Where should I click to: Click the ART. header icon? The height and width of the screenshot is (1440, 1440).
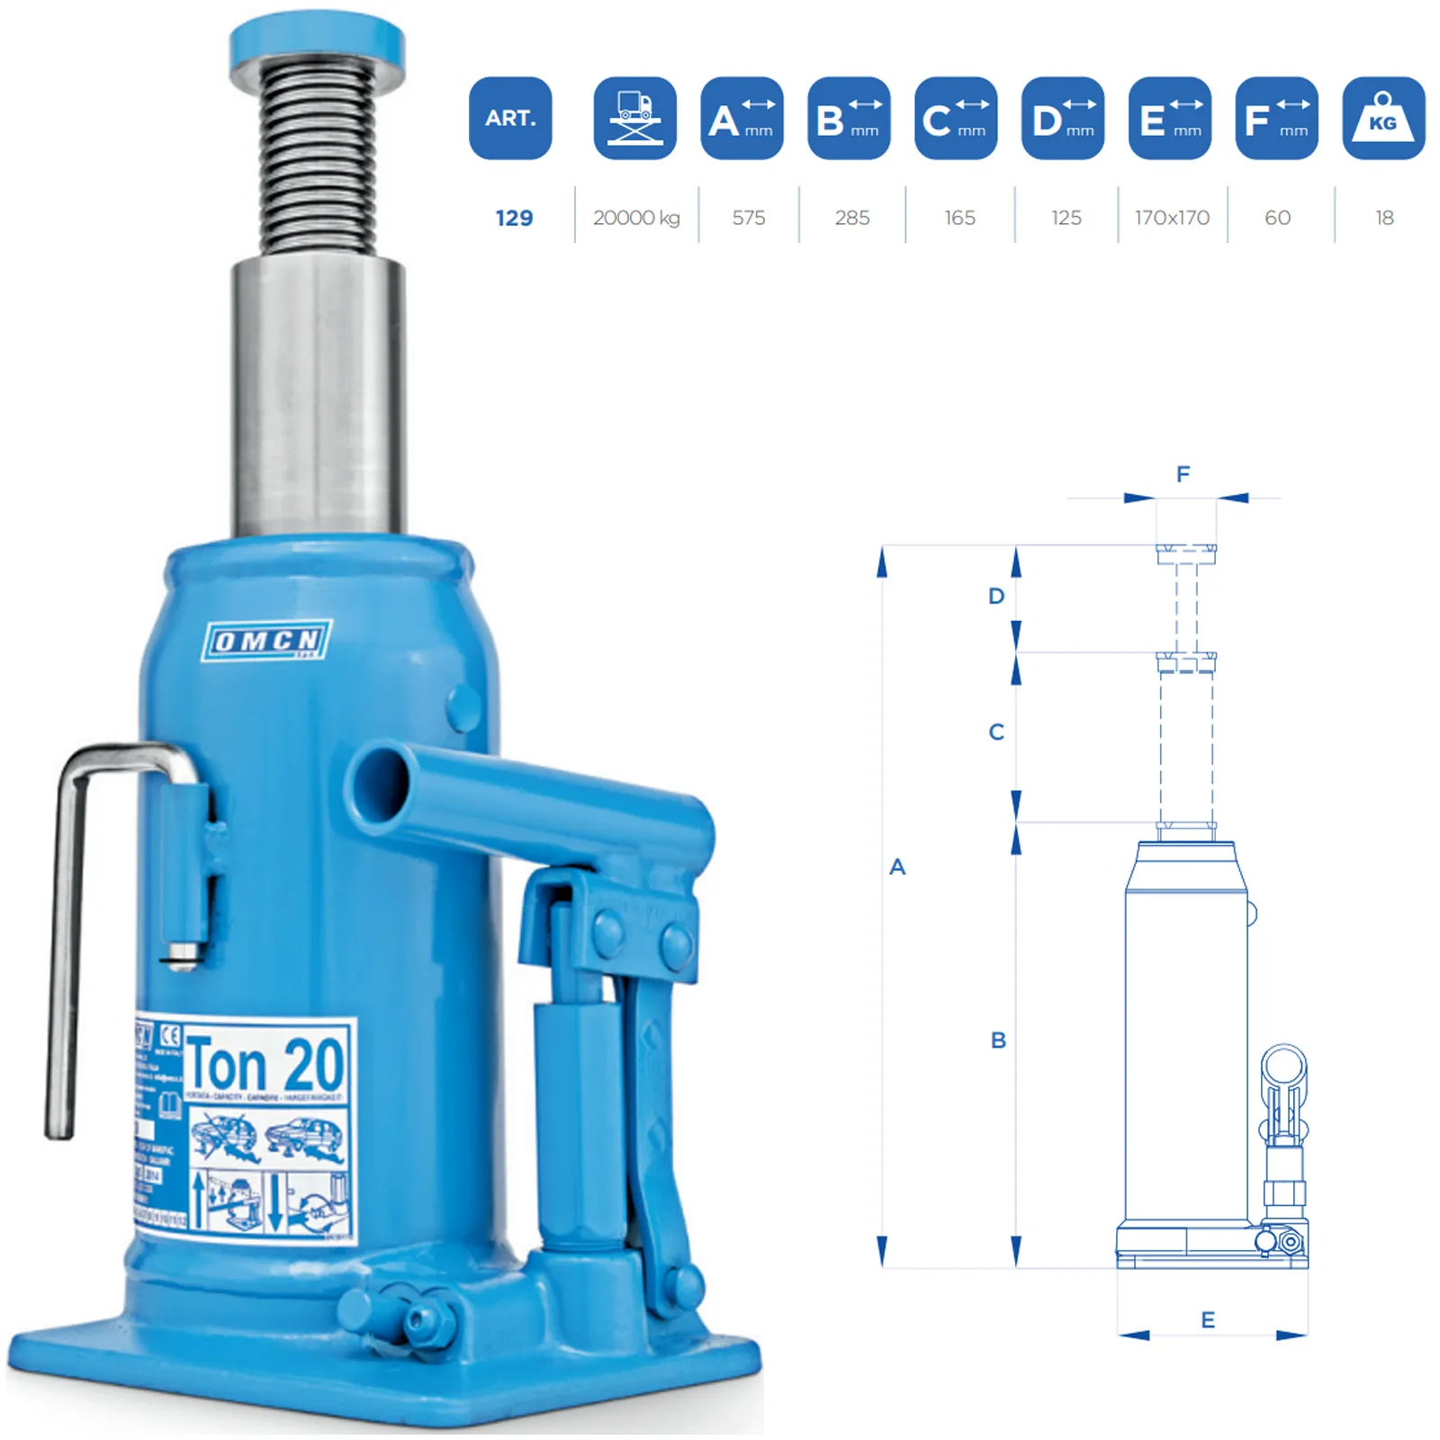[x=510, y=118]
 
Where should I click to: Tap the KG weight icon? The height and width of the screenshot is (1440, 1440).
[x=1383, y=118]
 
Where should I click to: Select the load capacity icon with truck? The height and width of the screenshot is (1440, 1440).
[x=634, y=118]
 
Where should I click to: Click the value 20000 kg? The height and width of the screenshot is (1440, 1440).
[x=636, y=218]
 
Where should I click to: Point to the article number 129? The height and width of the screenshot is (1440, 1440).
[x=514, y=218]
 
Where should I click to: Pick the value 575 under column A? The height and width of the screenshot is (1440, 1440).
[x=748, y=218]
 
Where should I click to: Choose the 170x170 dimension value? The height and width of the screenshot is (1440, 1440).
[x=1172, y=218]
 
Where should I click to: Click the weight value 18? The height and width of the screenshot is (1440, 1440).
[x=1384, y=218]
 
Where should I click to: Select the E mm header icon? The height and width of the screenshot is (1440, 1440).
[x=1169, y=118]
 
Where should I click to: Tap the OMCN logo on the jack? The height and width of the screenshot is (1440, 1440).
[x=267, y=640]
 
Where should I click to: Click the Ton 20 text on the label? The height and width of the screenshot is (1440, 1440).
[x=265, y=1064]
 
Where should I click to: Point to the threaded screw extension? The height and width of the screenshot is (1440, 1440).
[x=317, y=157]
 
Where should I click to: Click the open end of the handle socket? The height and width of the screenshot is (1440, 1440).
[x=381, y=787]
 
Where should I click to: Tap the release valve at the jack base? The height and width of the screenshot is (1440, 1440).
[x=419, y=1318]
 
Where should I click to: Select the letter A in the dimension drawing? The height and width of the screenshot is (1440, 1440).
[x=897, y=867]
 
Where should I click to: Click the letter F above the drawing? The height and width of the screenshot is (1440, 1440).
[x=1183, y=474]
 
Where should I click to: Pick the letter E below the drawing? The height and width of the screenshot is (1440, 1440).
[x=1208, y=1319]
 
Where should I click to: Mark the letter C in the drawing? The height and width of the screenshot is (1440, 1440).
[x=996, y=732]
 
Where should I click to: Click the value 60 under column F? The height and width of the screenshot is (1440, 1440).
[x=1277, y=218]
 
